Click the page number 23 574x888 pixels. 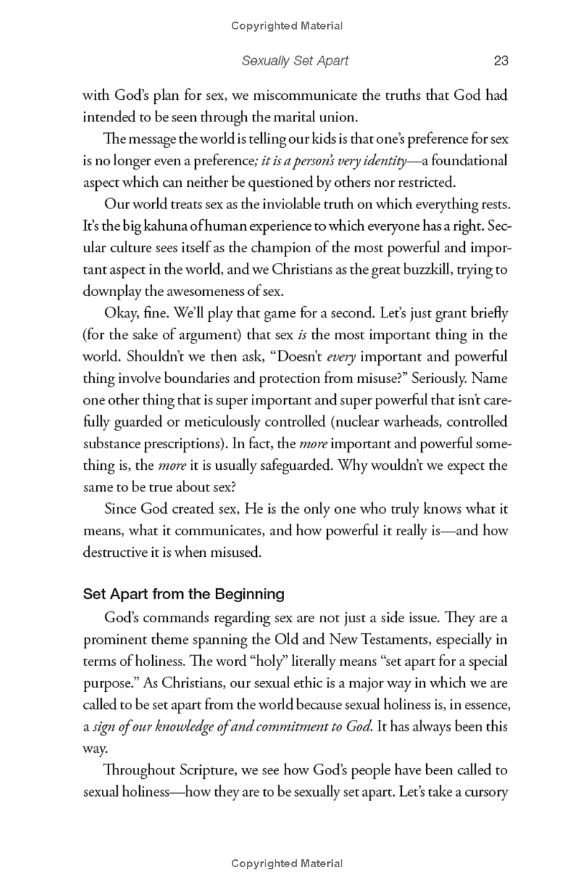(501, 61)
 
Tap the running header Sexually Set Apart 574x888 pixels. (295, 61)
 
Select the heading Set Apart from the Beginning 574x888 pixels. (184, 594)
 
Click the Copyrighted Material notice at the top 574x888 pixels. (287, 26)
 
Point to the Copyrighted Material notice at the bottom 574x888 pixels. (287, 864)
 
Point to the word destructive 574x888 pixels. (117, 551)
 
